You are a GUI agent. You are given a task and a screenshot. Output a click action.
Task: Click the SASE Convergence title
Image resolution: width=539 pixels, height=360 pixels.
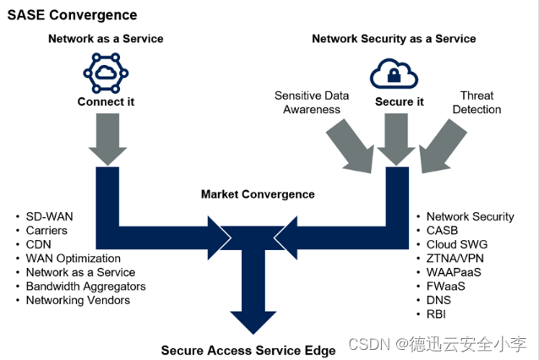coord(72,15)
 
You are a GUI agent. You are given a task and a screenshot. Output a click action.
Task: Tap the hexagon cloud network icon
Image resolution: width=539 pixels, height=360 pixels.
coord(106,73)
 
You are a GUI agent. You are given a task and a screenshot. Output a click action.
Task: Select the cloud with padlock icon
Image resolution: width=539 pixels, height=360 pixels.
coord(394,74)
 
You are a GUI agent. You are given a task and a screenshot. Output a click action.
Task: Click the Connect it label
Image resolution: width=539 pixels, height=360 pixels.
coord(106,101)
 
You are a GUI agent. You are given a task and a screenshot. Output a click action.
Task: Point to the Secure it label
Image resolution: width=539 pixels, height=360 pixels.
coord(399,101)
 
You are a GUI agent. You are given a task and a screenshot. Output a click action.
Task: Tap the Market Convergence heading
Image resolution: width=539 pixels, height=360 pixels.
coord(258,194)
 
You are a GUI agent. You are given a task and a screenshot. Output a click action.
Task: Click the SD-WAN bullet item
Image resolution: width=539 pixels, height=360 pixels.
coord(50,216)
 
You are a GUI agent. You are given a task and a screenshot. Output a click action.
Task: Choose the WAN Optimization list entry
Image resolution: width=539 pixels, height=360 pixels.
coord(73,259)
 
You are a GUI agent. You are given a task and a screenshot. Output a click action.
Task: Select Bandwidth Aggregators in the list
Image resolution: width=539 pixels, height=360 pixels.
coord(86,286)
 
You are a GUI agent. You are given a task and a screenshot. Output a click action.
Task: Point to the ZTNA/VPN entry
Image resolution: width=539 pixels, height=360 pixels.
coord(455,259)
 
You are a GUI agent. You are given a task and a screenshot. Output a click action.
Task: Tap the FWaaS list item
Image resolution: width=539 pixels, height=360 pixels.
coord(445,286)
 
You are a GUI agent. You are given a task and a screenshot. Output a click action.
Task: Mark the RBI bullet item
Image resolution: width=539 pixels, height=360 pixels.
coord(436,314)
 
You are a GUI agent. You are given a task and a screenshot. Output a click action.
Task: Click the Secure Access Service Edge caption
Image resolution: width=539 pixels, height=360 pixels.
coord(248,351)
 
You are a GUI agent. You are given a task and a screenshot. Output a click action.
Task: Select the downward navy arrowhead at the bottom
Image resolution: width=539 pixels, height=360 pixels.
coord(253,321)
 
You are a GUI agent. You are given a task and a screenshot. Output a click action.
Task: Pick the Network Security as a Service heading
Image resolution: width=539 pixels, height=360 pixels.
coord(394,39)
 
